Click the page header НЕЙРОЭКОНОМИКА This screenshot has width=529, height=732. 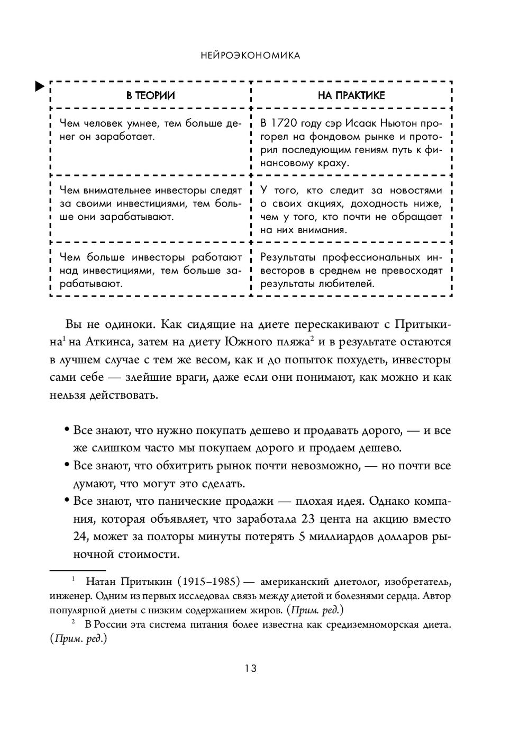click(x=251, y=55)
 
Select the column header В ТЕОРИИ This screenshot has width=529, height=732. click(x=150, y=96)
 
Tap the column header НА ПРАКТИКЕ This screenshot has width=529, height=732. click(x=351, y=96)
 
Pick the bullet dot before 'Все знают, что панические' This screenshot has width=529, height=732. click(x=67, y=501)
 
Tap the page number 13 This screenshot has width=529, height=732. click(x=251, y=668)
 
